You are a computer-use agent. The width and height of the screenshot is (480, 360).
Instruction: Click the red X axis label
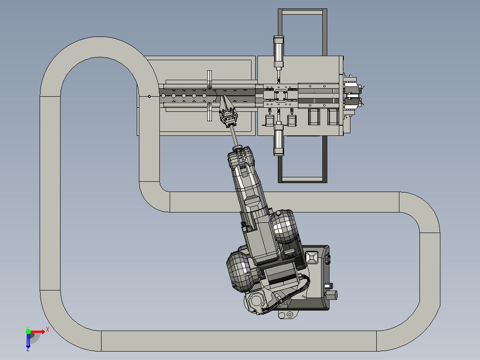pos(48,330)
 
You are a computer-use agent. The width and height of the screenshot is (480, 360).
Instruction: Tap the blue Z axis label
pos(28,349)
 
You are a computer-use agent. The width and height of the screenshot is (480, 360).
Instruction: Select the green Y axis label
pos(28,328)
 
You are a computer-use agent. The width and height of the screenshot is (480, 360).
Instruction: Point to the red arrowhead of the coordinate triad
pos(43,331)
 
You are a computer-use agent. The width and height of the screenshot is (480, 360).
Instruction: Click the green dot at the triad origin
pos(28,332)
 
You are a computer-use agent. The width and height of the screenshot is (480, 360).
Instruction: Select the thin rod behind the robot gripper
pos(234,136)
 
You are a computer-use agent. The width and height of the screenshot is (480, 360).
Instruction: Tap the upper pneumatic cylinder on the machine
pos(279,52)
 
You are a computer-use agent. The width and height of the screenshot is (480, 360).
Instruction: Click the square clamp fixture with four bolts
pos(281,95)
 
